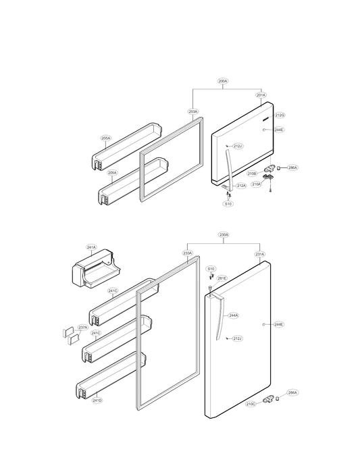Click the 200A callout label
(224, 81)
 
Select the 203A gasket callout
(192, 111)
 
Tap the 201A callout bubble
(261, 96)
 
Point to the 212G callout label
(280, 115)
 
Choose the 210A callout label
(256, 184)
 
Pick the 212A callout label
(241, 186)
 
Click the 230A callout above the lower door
(224, 235)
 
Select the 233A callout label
(188, 255)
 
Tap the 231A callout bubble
(260, 255)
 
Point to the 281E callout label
(222, 278)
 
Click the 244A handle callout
(234, 315)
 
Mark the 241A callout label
(91, 248)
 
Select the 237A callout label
(82, 328)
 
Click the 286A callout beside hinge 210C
(292, 392)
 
